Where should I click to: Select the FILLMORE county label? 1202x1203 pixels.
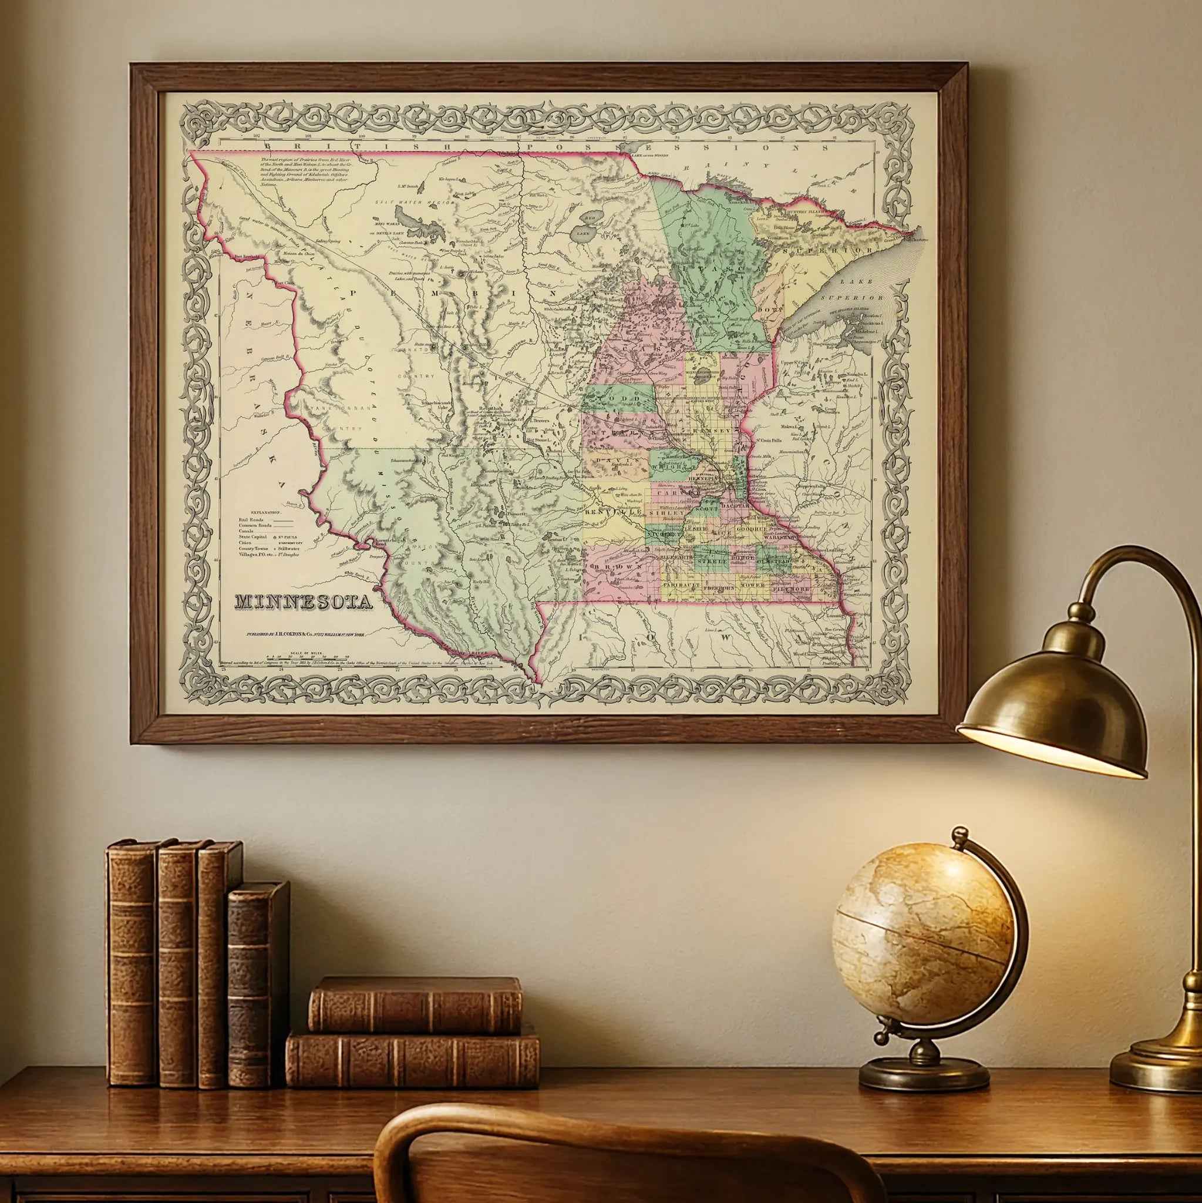791,588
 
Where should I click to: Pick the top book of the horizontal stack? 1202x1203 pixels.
415,1004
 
